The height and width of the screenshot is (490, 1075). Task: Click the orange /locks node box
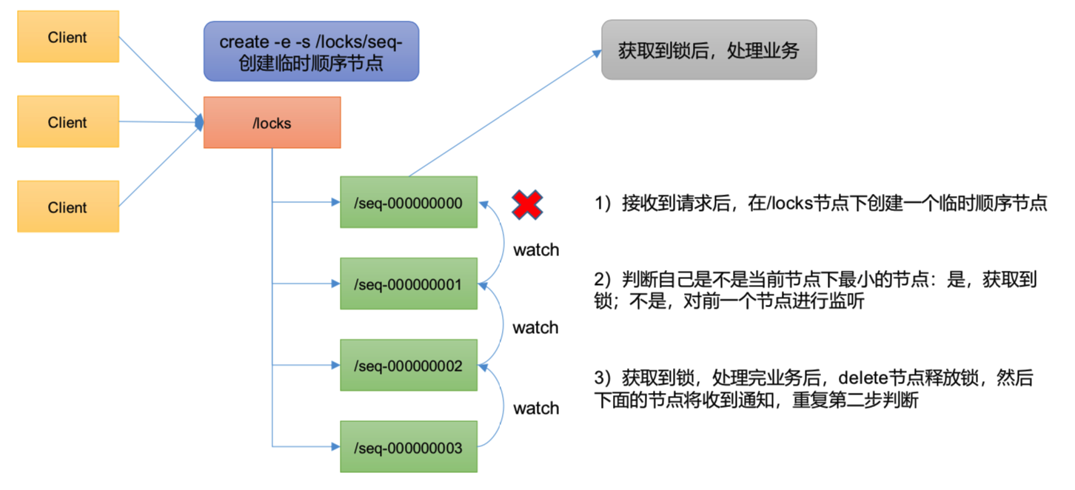tap(272, 123)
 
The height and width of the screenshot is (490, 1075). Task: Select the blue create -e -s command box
tap(311, 51)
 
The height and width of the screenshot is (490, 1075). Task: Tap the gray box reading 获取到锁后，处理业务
tap(709, 50)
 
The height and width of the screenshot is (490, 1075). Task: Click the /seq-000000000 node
tap(408, 202)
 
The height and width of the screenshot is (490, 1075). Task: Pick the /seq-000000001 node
tap(408, 284)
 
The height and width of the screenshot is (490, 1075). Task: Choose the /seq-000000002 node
tap(408, 366)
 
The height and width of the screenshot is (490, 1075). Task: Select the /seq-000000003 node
tap(408, 447)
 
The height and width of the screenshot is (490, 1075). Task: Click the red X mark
tap(527, 204)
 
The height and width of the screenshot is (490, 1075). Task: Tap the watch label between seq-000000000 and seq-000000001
tap(536, 250)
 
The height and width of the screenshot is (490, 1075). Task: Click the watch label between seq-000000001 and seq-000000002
tap(536, 327)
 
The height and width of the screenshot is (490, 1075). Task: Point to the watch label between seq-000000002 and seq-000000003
tap(536, 408)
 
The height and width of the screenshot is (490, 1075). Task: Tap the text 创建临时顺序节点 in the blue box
tap(311, 64)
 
